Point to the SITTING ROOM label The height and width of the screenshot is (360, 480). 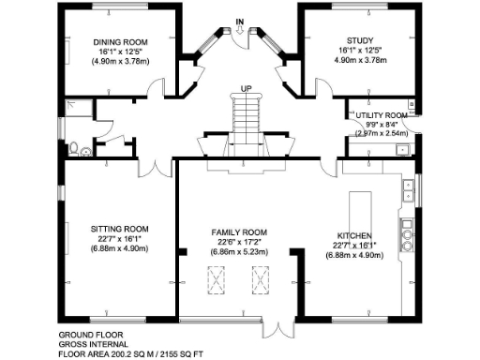pos(120,229)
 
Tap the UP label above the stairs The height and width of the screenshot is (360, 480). pos(246,88)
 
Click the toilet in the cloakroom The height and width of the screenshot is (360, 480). pos(73,147)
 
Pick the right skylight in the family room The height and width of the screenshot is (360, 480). pos(259,277)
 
